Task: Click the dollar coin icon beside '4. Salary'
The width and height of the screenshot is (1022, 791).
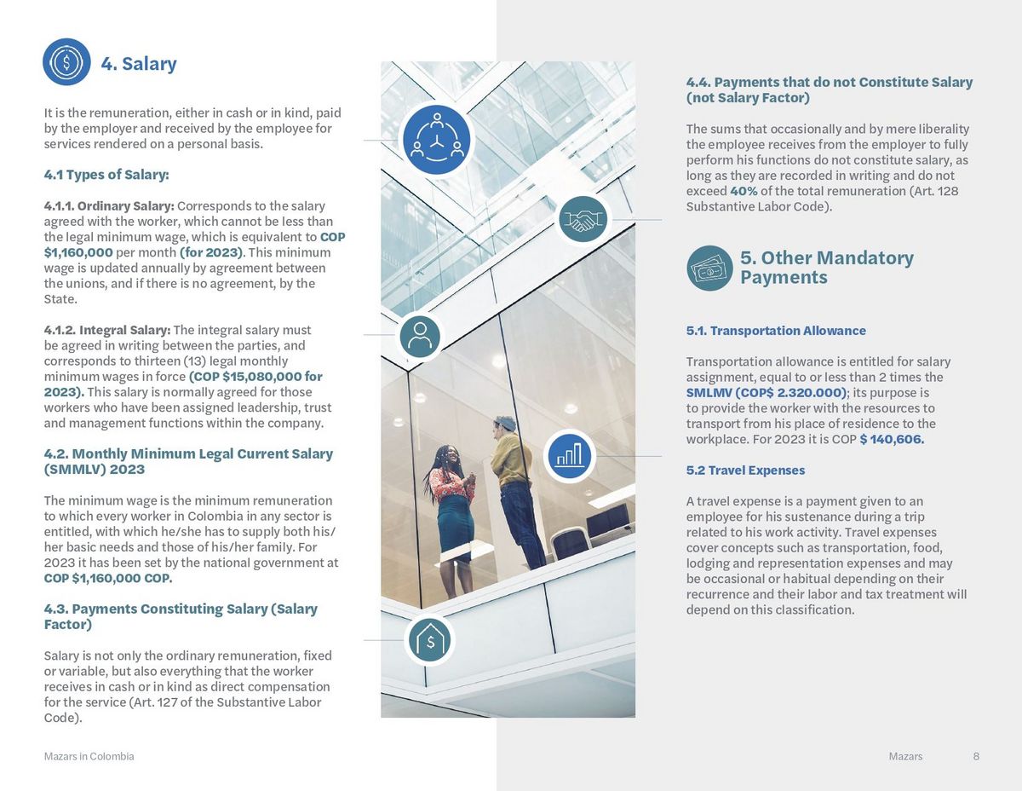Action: (66, 62)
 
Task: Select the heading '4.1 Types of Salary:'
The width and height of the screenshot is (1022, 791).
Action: (106, 175)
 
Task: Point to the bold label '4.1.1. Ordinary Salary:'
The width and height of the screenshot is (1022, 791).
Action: (109, 206)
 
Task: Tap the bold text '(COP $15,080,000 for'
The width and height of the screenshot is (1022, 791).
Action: (255, 376)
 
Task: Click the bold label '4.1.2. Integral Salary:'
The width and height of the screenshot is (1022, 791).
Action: (107, 330)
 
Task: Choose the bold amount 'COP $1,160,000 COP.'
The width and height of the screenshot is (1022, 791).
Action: (108, 578)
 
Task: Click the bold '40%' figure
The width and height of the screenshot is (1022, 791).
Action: (744, 191)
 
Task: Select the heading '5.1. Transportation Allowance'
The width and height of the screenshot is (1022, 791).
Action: (776, 331)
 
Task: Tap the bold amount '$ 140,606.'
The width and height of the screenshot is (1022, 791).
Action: (892, 439)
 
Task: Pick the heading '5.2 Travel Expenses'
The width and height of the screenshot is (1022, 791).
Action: (745, 471)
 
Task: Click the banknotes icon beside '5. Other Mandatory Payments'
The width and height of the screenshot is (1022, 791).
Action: (709, 268)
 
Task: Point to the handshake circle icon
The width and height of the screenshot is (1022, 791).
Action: (583, 220)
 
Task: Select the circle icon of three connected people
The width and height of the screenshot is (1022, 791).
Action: (437, 138)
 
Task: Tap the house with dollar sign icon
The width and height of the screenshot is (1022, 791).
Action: (430, 641)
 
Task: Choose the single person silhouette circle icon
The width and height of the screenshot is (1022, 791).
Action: (420, 336)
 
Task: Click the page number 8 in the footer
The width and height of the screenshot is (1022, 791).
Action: (976, 756)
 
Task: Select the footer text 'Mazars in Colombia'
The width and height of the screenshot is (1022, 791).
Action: (89, 756)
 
